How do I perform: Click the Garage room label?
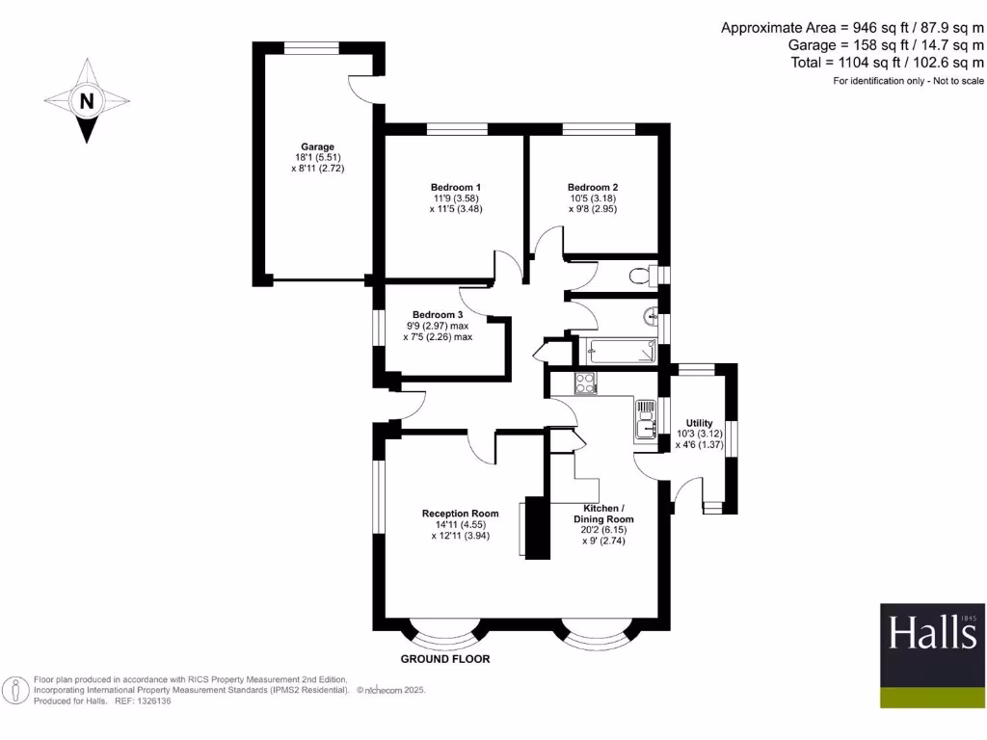317,147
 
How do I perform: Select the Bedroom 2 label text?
593,187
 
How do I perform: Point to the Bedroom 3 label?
438,315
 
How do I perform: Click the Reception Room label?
461,514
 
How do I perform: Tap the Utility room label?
699,423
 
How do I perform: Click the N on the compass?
87,101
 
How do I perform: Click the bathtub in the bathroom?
615,349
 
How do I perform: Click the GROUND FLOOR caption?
445,660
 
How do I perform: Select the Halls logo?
932,635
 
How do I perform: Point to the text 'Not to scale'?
954,81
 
